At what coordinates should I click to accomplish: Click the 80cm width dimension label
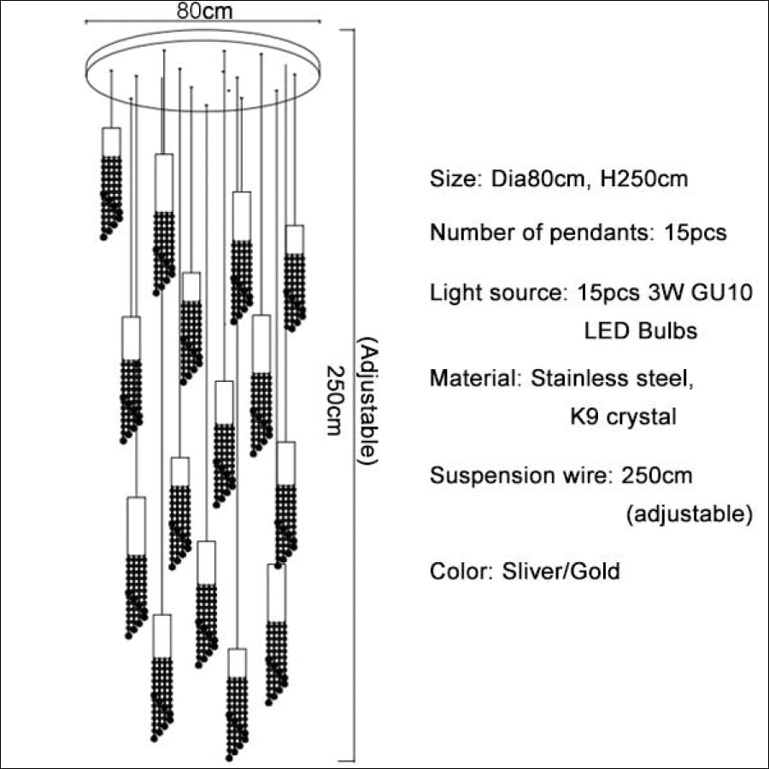point(204,11)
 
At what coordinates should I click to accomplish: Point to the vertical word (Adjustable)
point(367,401)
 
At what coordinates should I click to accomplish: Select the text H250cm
point(644,179)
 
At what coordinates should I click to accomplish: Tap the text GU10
point(722,292)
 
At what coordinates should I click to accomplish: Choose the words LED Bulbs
point(641,331)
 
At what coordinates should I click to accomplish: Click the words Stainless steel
point(612,379)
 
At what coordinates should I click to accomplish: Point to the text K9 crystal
point(624,417)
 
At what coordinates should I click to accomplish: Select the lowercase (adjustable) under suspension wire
point(689,514)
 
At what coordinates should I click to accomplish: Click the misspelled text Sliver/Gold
point(561,572)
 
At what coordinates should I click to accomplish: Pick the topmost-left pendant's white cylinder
point(111,142)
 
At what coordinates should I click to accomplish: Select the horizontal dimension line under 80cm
point(203,21)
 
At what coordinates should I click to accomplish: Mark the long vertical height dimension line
point(354,396)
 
